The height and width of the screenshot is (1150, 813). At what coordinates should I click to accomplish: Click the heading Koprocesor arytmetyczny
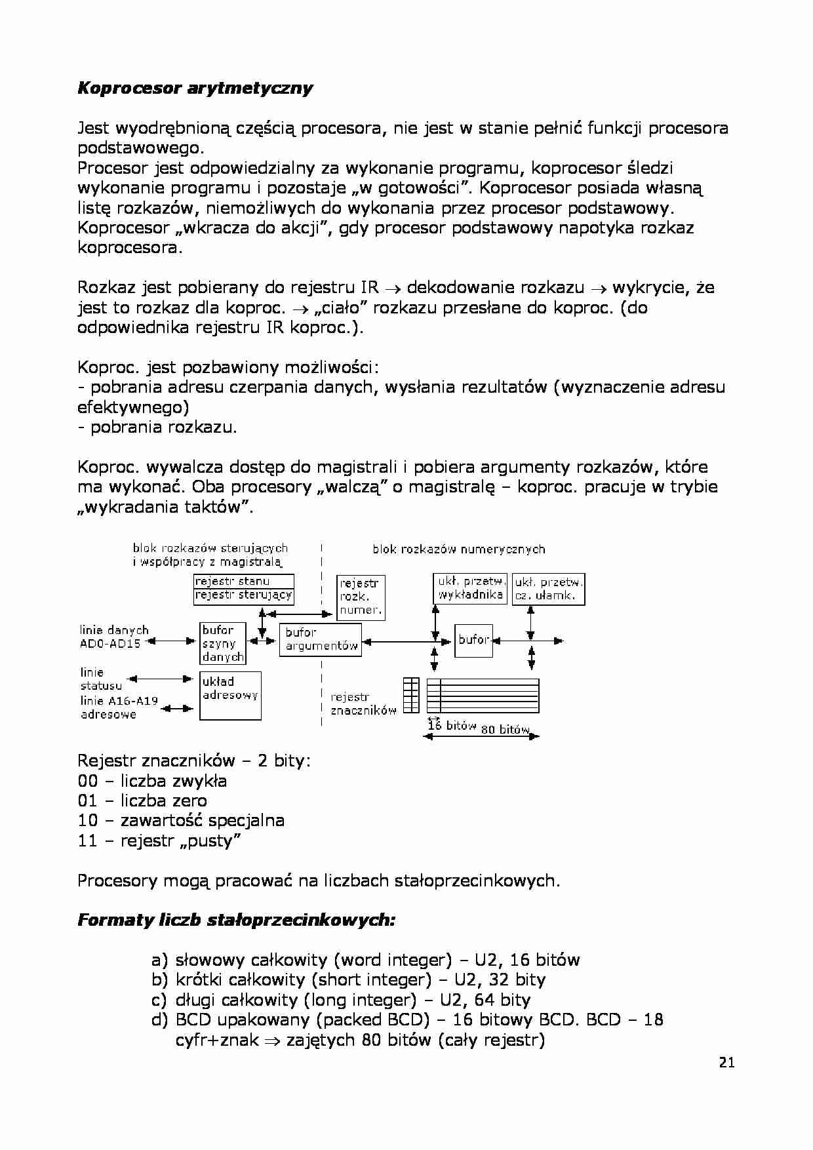(x=195, y=88)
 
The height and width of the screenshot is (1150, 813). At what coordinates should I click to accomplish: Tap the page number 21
(x=726, y=1063)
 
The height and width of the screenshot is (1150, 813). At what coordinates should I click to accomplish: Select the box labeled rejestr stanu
(x=243, y=582)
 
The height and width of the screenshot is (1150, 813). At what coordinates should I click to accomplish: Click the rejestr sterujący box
(x=243, y=596)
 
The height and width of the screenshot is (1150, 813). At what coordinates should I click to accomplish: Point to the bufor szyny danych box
(x=223, y=643)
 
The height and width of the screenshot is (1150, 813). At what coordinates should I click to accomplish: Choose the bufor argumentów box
(x=321, y=639)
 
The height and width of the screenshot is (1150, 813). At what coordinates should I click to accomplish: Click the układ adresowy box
(x=230, y=695)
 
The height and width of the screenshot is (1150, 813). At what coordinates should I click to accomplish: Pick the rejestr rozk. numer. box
(x=361, y=597)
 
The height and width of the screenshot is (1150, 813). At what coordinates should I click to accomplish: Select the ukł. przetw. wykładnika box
(x=470, y=589)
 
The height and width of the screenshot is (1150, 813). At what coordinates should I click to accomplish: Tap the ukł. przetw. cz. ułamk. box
(x=548, y=589)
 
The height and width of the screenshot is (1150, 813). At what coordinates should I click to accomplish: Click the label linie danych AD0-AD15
(x=113, y=637)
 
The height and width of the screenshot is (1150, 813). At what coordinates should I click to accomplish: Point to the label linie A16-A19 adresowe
(x=118, y=707)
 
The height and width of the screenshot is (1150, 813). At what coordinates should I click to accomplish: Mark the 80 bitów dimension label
(x=505, y=729)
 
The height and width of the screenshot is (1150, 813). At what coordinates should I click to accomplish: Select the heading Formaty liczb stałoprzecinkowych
(x=237, y=920)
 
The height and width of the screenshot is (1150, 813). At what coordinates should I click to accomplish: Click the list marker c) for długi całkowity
(x=159, y=1000)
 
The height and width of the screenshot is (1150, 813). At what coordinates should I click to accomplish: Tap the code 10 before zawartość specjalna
(x=87, y=821)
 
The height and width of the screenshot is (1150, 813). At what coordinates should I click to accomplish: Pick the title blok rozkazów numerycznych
(x=459, y=549)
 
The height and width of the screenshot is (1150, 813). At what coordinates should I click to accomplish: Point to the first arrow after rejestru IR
(x=393, y=288)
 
